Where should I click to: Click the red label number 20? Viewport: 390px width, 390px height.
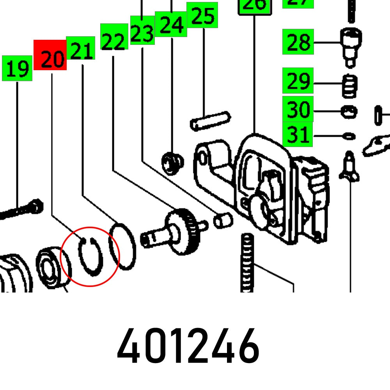click(50, 55)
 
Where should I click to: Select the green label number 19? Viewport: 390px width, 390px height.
click(17, 68)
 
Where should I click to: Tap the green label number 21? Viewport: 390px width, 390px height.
click(81, 48)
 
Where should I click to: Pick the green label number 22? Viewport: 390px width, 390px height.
click(114, 37)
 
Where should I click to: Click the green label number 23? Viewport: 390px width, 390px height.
click(142, 30)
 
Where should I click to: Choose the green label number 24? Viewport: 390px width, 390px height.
click(171, 24)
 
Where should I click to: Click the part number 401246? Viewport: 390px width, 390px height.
click(188, 346)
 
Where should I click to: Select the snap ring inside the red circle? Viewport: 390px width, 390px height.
click(90, 257)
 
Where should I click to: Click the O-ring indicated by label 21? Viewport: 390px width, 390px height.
click(123, 246)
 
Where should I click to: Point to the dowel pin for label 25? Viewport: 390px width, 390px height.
click(210, 121)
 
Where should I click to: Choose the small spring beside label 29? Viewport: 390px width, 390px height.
click(350, 86)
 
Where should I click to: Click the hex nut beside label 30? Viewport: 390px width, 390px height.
click(349, 112)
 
